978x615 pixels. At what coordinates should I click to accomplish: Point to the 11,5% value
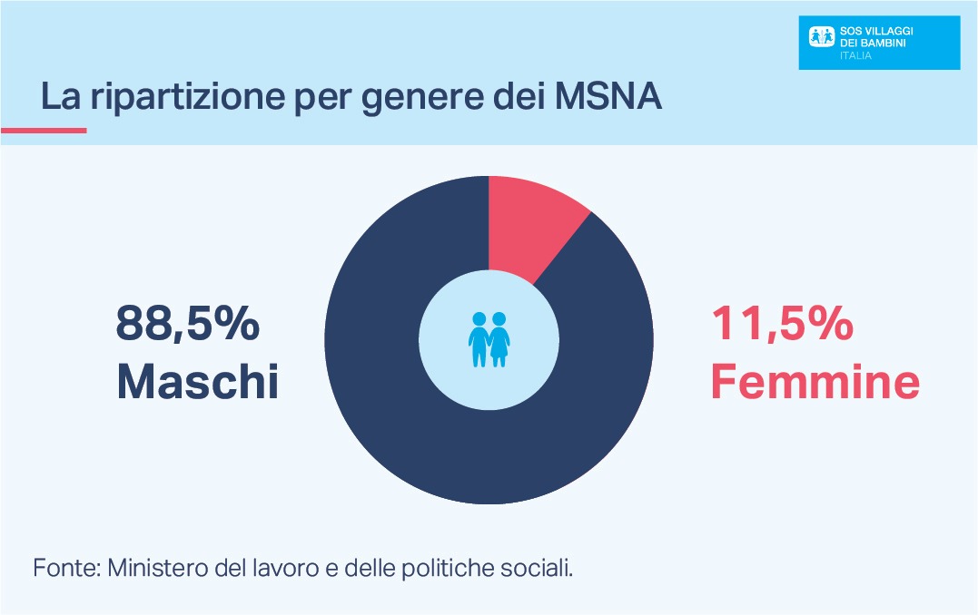782,324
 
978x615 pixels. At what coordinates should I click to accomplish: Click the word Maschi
197,382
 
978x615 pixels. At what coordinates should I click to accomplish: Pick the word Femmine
815,382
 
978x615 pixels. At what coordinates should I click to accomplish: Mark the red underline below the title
44,131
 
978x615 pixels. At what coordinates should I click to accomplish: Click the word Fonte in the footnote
65,569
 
